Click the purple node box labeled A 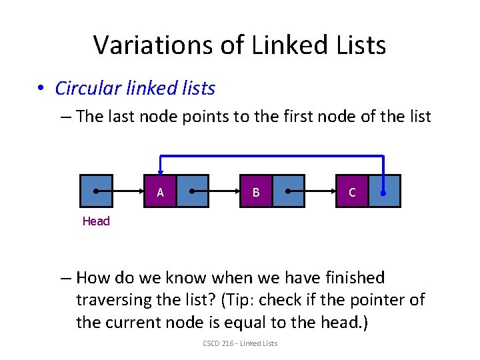click(x=161, y=191)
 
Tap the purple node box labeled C click(x=352, y=191)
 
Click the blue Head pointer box click(x=96, y=191)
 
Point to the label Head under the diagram click(x=96, y=221)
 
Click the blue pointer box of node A click(x=193, y=191)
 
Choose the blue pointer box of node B click(x=289, y=191)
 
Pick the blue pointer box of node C click(x=384, y=191)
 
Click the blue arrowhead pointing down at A click(x=161, y=169)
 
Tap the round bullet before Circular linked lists click(x=41, y=89)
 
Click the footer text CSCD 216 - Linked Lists click(x=240, y=343)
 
